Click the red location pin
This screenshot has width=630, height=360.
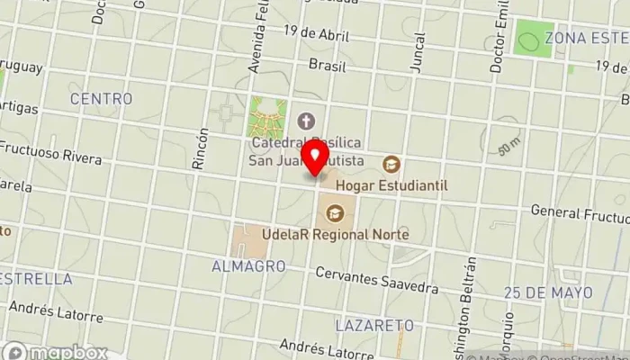pos(315,158)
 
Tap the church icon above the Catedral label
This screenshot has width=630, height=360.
pos(306,120)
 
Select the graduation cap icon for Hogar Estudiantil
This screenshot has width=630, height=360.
pos(391,164)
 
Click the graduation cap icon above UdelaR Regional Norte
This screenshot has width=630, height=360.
pos(335,213)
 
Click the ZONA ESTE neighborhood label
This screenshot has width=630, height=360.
pos(586,38)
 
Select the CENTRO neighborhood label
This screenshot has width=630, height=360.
pos(101,98)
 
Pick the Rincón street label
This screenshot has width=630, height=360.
pos(201,148)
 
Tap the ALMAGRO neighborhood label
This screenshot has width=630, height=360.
pos(248,266)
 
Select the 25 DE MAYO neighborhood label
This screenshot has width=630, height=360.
pos(548,293)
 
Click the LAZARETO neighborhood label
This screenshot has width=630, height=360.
pos(373,324)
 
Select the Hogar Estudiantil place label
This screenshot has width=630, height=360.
pos(391,185)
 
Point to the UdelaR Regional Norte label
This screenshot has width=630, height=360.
pos(335,235)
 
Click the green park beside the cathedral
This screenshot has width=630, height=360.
pos(267,117)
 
